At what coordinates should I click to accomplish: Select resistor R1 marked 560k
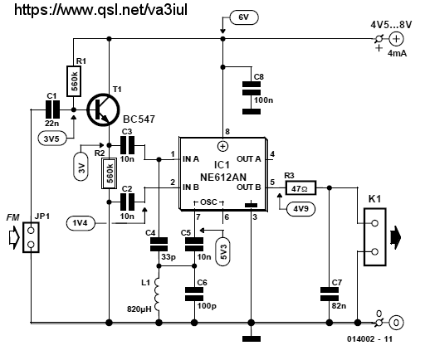(74, 81)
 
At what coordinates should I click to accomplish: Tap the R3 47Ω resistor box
(300, 188)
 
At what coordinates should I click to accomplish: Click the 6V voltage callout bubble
(244, 17)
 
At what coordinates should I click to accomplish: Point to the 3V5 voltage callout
(51, 139)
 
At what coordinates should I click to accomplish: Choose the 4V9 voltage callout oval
(301, 209)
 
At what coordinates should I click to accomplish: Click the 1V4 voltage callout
(81, 223)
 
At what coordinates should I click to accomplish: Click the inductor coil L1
(157, 294)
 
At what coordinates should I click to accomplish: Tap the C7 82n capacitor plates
(330, 294)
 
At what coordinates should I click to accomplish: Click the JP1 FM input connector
(31, 237)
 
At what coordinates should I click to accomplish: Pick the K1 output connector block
(374, 237)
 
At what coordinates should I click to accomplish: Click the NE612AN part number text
(223, 177)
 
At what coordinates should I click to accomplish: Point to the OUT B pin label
(249, 187)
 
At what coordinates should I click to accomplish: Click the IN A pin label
(191, 159)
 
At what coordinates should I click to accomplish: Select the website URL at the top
(100, 10)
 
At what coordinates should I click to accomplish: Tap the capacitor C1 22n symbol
(52, 109)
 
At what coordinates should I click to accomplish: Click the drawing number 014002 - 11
(369, 339)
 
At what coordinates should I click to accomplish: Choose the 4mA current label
(397, 53)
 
